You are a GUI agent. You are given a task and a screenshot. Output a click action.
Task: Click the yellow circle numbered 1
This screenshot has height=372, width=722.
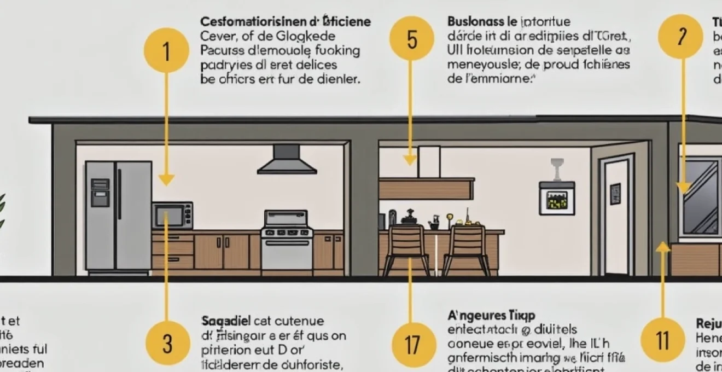166,50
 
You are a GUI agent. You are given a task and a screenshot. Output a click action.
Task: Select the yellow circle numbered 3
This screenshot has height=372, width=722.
167,343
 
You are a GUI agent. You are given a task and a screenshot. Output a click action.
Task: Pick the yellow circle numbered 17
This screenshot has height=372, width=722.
414,344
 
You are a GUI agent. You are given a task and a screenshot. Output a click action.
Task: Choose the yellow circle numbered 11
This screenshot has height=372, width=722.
663,340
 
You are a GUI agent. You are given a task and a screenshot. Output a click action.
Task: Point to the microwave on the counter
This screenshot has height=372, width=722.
172,216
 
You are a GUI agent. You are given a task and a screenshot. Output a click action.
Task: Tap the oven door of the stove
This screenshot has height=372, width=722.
287,252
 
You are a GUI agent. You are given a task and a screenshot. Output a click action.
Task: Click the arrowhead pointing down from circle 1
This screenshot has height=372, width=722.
166,179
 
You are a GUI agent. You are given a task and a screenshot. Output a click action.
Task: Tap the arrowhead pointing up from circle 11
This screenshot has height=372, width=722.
663,247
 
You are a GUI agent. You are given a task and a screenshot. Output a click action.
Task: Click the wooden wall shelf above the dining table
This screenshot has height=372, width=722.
426,189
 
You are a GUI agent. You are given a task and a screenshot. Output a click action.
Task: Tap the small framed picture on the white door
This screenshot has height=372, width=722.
615,193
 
